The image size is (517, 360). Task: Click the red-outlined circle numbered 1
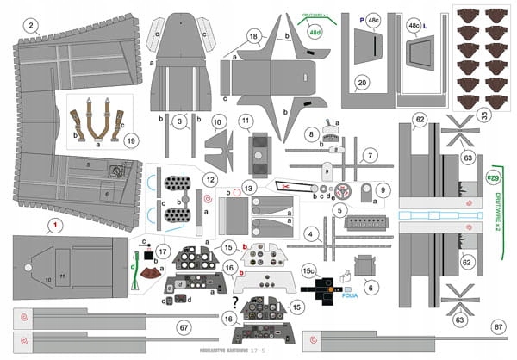[x=56, y=225]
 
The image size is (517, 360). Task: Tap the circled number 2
[x=31, y=26]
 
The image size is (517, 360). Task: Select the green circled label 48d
[x=315, y=32]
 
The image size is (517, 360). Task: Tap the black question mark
[x=235, y=301]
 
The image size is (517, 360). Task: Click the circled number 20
[x=362, y=82]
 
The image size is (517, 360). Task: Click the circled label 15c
[x=308, y=270]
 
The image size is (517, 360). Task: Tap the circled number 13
[x=249, y=187]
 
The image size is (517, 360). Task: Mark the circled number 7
[x=369, y=156]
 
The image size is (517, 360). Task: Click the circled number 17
[x=162, y=251]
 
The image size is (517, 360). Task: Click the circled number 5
[x=340, y=209]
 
